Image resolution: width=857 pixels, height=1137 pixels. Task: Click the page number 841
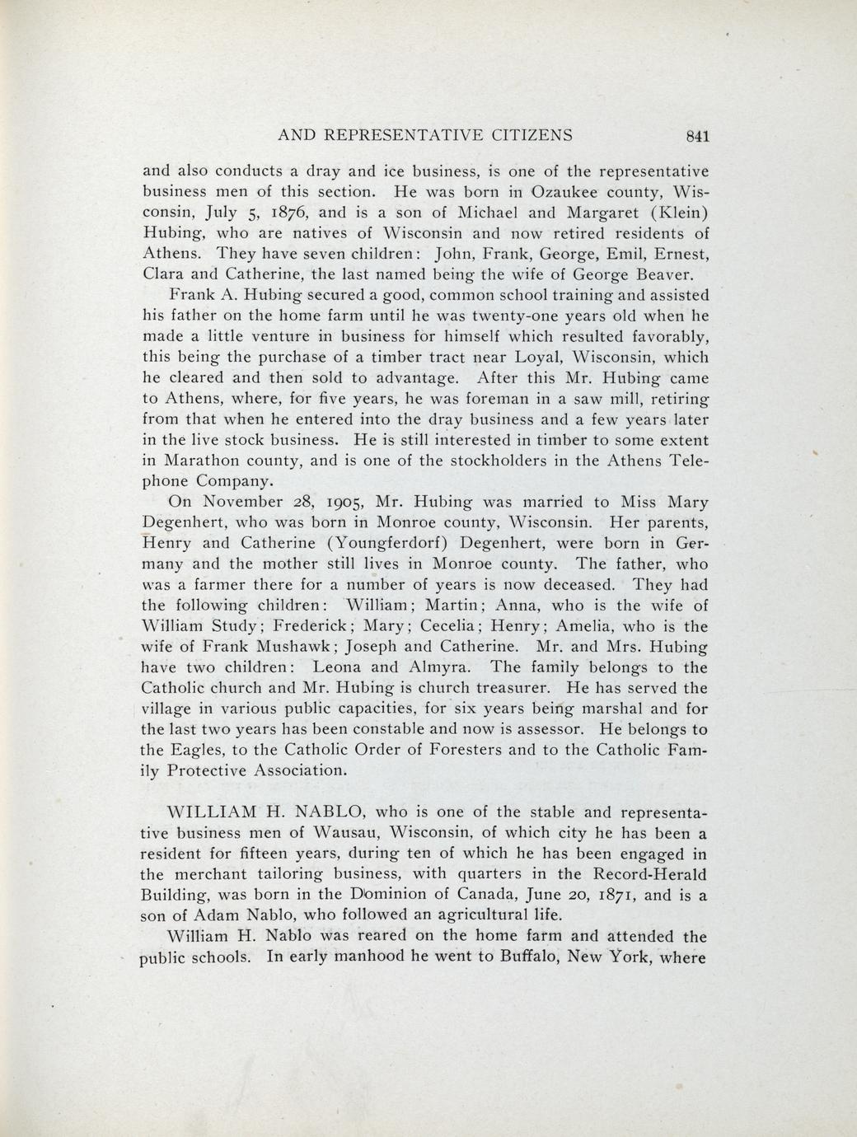click(696, 137)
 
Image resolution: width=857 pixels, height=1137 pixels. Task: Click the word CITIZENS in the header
click(523, 136)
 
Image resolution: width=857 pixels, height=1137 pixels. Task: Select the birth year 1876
click(290, 213)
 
